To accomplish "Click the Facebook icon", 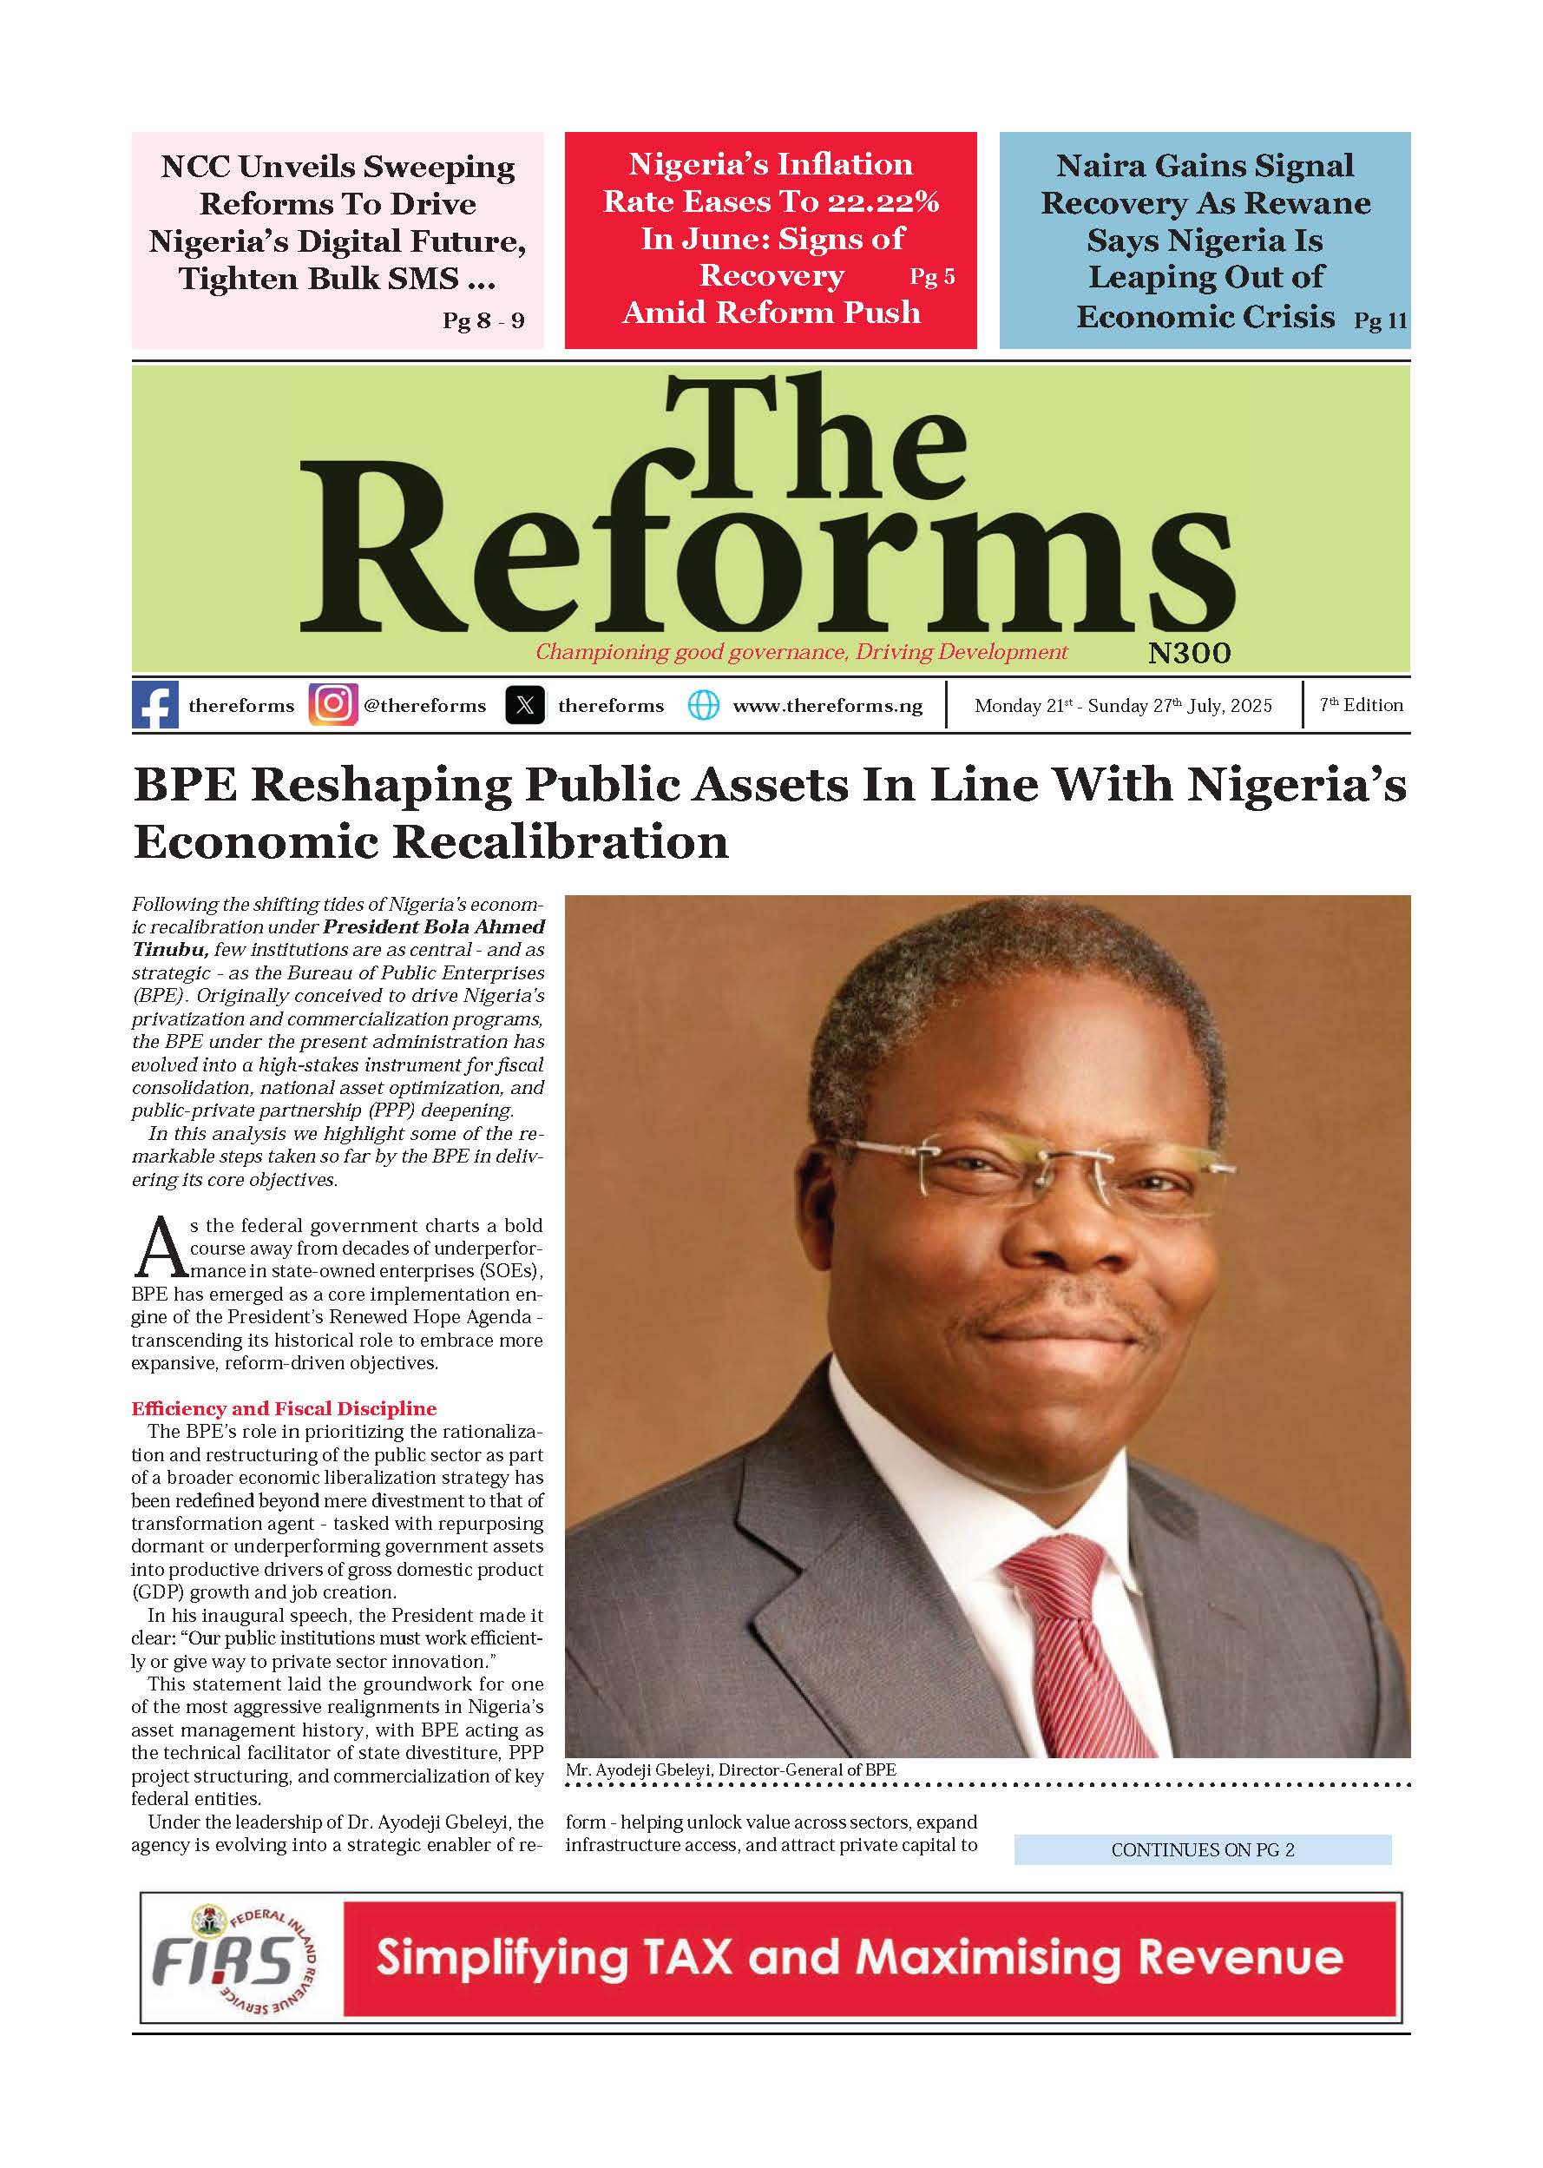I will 154,705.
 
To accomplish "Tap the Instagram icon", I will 333,705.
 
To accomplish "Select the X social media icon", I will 525,705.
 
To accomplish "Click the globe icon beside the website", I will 703,705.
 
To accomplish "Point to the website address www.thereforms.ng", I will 828,706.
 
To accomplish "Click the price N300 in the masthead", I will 1189,653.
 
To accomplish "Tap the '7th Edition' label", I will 1361,705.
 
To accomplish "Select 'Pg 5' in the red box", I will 932,277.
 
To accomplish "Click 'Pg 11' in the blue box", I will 1380,320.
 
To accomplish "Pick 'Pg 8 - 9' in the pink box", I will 483,320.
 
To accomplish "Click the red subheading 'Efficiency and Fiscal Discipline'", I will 284,1408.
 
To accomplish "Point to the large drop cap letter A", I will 159,1249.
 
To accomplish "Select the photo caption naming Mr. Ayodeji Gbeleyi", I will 731,1769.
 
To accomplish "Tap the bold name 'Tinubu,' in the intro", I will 170,950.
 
